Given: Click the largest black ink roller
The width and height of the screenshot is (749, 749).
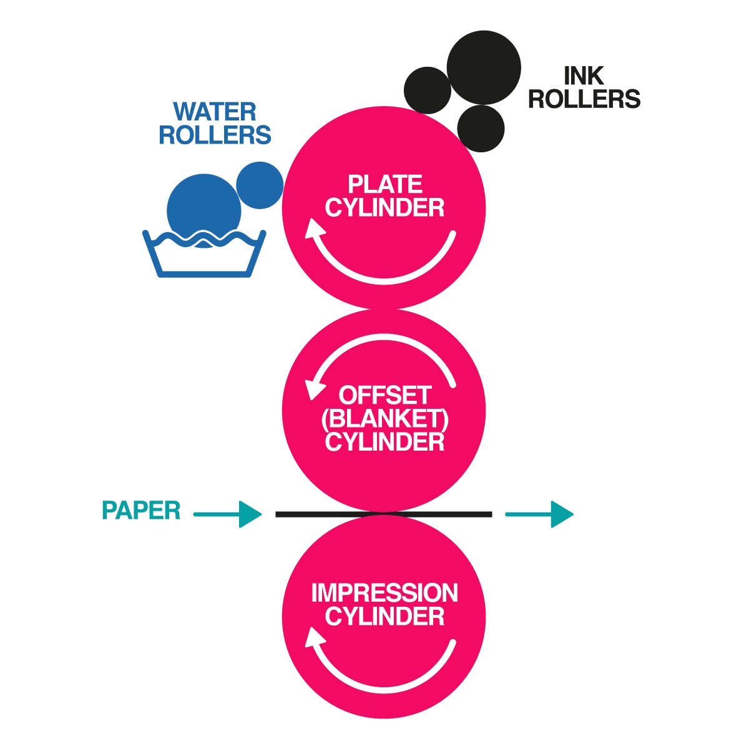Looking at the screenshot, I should click(484, 67).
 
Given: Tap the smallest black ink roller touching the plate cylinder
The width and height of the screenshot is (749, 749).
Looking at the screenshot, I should click(481, 128).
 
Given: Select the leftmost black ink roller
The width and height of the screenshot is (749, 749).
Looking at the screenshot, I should click(428, 90).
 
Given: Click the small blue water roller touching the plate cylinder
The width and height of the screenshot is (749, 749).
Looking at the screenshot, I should click(260, 185).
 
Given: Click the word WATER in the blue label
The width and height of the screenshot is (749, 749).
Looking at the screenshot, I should click(215, 112).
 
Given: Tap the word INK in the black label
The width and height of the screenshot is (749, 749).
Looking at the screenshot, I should click(584, 76).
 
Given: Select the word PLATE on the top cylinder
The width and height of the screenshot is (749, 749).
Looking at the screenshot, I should click(385, 185).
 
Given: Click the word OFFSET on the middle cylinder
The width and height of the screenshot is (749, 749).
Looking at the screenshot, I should click(385, 396).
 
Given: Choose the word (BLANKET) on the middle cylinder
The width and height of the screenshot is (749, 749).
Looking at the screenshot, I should click(385, 419).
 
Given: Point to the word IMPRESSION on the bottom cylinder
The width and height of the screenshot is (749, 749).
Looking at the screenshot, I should click(384, 593).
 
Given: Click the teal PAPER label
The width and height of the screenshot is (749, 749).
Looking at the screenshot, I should click(141, 511).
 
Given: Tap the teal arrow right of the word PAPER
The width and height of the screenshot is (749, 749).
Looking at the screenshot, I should click(227, 515).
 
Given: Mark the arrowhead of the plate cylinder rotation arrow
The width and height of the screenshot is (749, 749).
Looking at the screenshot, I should click(314, 232).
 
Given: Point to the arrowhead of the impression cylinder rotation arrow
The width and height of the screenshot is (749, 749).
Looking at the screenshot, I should click(314, 637).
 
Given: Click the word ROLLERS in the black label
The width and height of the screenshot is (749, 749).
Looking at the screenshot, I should click(584, 99).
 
